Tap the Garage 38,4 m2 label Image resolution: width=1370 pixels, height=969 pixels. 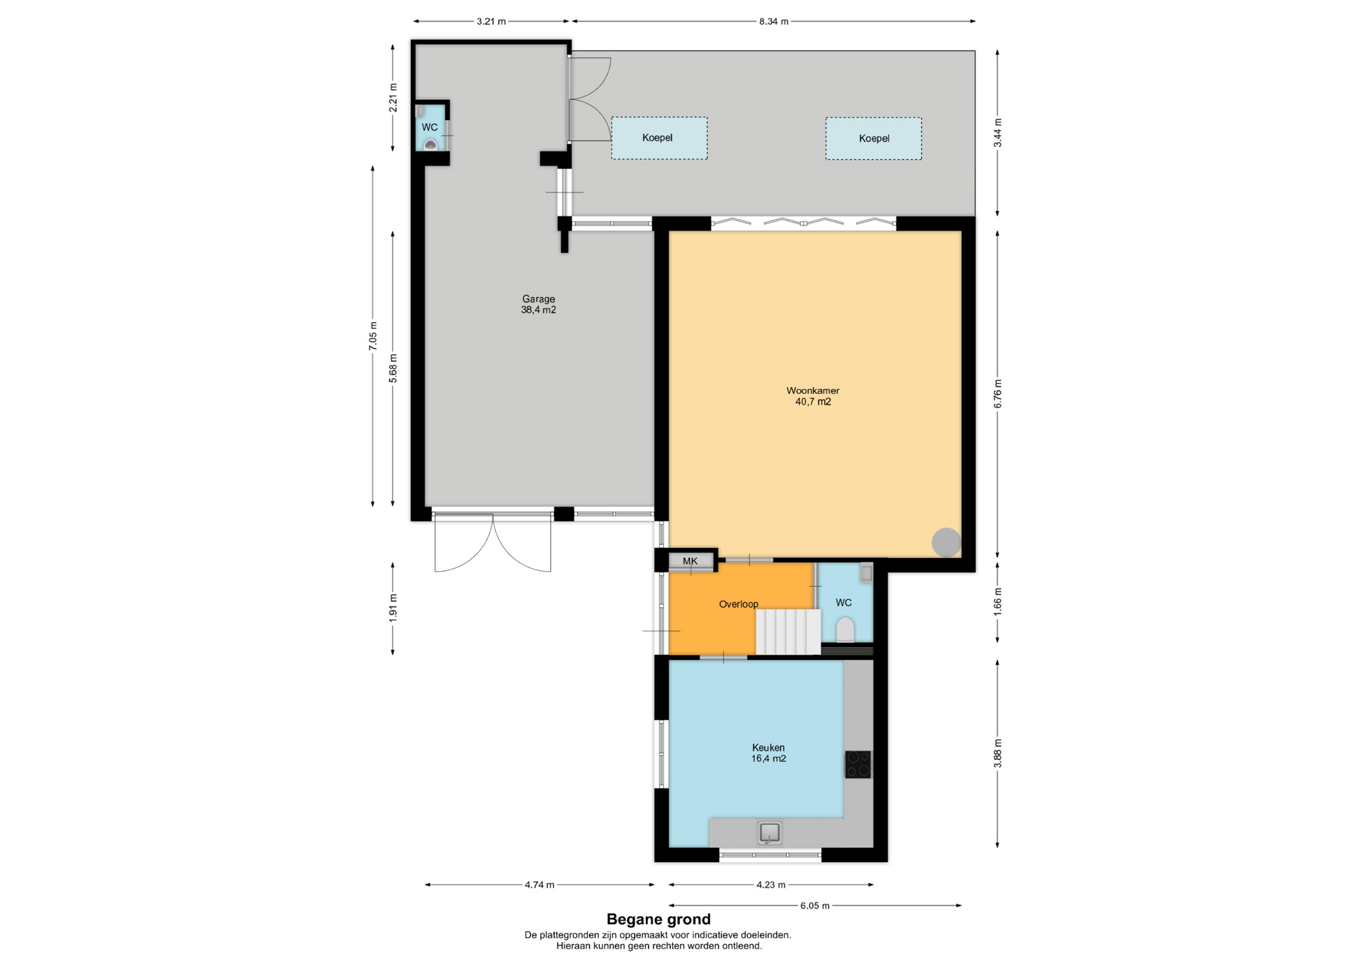point(539,305)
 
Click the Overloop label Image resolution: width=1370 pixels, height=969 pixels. point(739,604)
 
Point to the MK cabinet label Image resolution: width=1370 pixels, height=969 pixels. point(690,562)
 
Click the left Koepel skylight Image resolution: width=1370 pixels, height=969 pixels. point(659,138)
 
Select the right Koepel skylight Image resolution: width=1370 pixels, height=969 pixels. point(874,138)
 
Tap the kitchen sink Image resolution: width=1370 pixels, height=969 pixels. point(769,833)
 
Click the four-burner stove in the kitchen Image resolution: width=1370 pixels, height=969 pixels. point(858,764)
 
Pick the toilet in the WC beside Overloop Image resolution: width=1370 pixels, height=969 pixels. point(846,630)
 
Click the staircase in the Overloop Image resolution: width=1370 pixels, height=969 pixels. point(788,631)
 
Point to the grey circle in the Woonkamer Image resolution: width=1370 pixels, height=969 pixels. point(946,542)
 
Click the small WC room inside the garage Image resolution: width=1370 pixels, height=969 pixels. point(430,128)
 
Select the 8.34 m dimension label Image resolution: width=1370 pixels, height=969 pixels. point(773,21)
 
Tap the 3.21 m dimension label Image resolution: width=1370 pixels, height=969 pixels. point(491,21)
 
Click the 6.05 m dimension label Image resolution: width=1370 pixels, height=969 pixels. point(815,905)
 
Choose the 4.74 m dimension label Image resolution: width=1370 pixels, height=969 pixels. point(539,885)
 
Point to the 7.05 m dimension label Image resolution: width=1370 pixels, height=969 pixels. point(372,336)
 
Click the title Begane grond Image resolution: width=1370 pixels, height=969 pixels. point(659,920)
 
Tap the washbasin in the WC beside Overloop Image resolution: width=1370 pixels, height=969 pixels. point(866,573)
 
